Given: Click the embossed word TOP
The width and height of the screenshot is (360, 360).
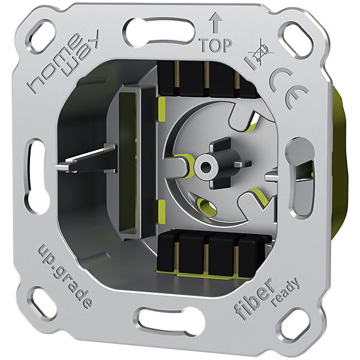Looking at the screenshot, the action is (215, 45).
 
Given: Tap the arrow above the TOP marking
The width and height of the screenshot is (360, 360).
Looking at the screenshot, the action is (215, 23).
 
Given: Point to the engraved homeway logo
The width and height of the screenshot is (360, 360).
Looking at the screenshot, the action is (61, 62).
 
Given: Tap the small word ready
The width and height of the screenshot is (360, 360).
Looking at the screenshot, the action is (286, 292).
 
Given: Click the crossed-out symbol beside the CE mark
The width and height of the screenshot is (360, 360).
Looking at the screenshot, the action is (260, 53).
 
